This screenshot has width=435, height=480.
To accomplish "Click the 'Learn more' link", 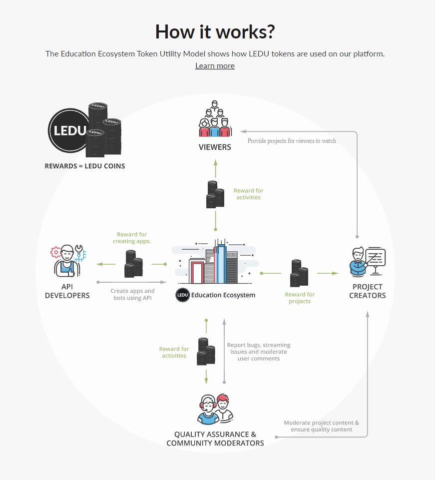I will coord(215,66).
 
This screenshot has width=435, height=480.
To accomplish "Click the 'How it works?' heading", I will coord(215,31).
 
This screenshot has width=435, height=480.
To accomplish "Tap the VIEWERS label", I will coord(215,147).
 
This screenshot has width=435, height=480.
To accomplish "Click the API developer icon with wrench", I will coord(68,260).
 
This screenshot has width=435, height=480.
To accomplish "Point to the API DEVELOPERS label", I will coord(67,291).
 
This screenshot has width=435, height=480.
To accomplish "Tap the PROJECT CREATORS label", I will coord(368,291).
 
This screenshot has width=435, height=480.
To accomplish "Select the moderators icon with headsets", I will coord(215,409).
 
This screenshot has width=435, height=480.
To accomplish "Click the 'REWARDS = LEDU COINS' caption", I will coord(85,166).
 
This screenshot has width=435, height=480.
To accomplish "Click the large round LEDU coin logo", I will coord(69,131).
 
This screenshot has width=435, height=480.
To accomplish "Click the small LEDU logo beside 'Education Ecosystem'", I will coord(182,295).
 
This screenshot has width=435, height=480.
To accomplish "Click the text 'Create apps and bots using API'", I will coord(132,294).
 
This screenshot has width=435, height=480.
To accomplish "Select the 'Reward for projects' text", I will coord(300,298).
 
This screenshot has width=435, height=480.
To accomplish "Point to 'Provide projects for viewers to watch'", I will coord(292,141).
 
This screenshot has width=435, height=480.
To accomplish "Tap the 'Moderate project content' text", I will coord(321,426).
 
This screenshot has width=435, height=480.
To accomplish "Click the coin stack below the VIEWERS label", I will coord(215,194).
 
